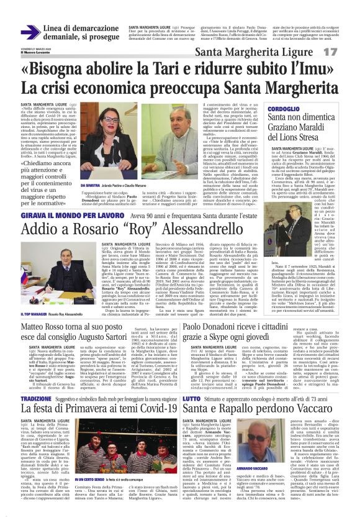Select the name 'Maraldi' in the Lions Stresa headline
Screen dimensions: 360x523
click(x=316, y=129)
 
